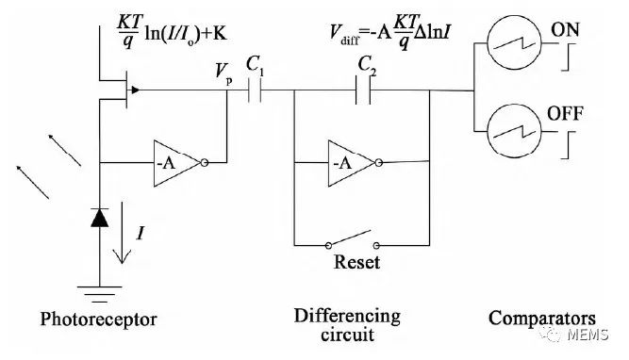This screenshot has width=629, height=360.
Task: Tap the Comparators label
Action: point(541,318)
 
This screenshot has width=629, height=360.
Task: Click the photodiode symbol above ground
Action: point(99,219)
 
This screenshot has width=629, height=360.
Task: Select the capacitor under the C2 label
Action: point(363,91)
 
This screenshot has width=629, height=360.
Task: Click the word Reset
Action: point(357,262)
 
